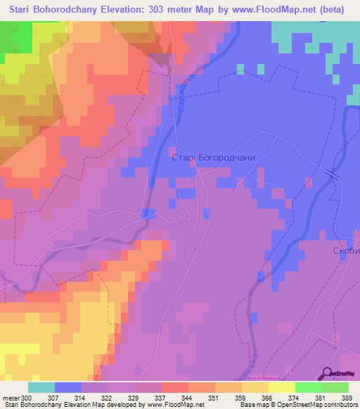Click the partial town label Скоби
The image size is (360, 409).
tap(345, 251)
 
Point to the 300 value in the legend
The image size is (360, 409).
tap(27, 398)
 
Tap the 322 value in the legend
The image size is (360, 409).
tap(106, 398)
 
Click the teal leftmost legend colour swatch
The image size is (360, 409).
tap(41, 387)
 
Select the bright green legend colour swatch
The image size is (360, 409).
tap(308, 387)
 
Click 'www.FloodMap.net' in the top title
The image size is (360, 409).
tap(287, 10)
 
